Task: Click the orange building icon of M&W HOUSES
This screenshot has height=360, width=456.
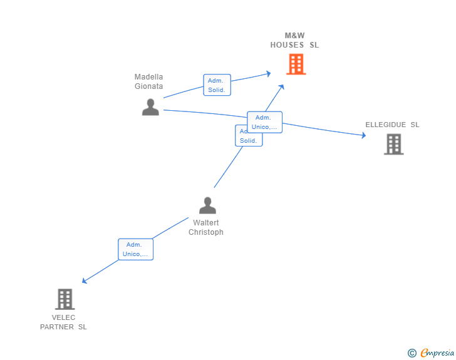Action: click(296, 64)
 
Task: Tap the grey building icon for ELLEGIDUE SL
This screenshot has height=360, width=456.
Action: click(394, 144)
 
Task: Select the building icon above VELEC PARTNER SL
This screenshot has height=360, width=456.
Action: click(65, 299)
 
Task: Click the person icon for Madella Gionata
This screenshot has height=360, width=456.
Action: click(150, 107)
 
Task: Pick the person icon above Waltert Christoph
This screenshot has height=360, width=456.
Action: click(207, 205)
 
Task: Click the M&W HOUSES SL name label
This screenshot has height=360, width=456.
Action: click(294, 40)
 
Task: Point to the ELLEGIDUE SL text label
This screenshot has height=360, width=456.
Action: click(392, 125)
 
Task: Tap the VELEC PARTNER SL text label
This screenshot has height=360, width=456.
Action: click(63, 322)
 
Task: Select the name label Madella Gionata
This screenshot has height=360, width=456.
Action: click(148, 81)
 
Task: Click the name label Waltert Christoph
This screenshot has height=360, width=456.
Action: click(206, 227)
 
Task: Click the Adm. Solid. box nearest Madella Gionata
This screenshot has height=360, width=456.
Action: click(217, 85)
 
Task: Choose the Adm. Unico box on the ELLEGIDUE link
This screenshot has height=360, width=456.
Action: click(264, 122)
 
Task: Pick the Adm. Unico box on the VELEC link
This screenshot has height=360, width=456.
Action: click(135, 249)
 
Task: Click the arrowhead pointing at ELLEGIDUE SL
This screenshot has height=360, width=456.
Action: click(363, 135)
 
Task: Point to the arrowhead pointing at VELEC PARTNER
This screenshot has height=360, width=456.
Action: click(85, 280)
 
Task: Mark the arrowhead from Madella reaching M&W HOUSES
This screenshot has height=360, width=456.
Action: click(269, 74)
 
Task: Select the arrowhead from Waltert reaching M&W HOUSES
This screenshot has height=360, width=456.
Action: click(281, 87)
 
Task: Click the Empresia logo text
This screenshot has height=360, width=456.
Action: click(437, 352)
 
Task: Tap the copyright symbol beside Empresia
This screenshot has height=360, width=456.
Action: click(412, 353)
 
